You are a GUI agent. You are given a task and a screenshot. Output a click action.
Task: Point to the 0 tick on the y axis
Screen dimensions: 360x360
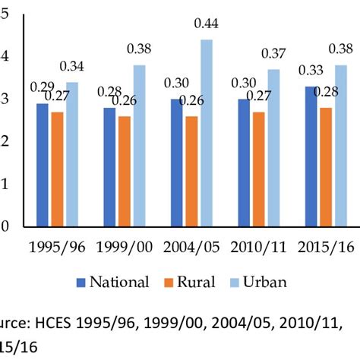pos(5,226)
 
